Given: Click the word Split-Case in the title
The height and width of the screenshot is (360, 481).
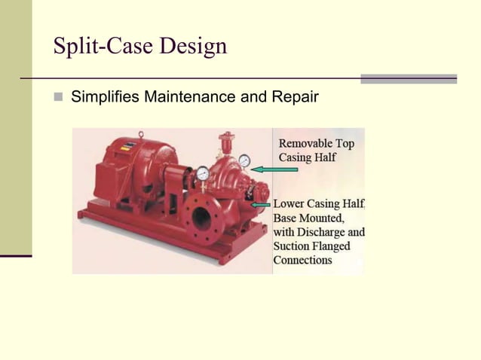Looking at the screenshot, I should (98, 47).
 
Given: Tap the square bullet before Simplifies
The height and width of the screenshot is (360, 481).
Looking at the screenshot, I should (58, 97).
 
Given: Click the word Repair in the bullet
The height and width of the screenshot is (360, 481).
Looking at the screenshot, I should (296, 97).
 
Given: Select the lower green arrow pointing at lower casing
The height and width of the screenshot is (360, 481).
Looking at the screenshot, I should (262, 203).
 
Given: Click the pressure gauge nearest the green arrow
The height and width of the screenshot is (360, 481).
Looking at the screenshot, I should (244, 160).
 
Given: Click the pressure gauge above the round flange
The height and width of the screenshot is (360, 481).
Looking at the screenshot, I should (203, 173).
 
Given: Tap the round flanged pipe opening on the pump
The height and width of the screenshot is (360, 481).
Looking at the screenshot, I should (201, 218).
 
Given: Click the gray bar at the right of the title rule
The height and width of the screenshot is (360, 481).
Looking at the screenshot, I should (408, 78).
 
